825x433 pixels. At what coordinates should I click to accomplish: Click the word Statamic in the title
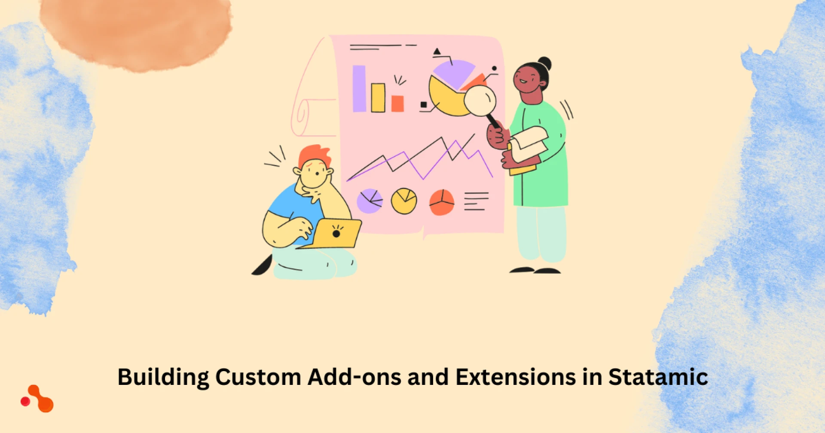pos(658,377)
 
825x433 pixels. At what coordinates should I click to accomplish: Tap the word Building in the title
pos(163,377)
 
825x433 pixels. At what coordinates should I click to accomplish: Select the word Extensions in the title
pos(515,377)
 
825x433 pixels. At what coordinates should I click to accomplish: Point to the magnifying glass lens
pos(480,101)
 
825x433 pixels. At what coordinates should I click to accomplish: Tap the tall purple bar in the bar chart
pos(359,88)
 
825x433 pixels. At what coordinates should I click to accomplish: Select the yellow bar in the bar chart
pos(378,98)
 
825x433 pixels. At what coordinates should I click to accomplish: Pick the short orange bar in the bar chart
pos(397,103)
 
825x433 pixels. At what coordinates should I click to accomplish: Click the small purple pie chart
pos(370,201)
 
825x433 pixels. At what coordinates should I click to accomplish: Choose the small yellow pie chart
pos(403,201)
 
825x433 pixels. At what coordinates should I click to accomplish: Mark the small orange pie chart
pos(442,202)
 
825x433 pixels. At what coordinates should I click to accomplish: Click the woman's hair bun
pos(544,63)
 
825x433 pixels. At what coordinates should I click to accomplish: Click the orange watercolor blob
pos(137,32)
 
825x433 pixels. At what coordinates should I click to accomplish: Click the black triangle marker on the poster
pos(437,52)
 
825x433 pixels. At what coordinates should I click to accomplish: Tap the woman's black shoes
pos(535,271)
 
